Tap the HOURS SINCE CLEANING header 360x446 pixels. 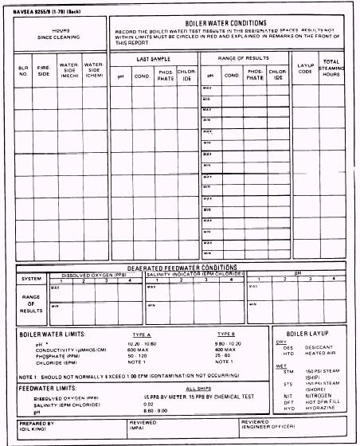coord(61,33)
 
